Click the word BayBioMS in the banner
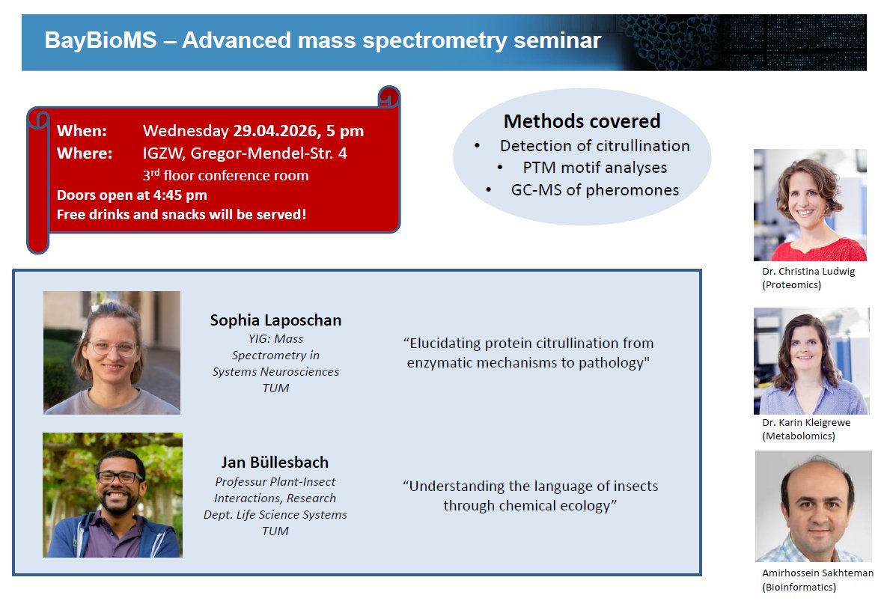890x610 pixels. click(x=100, y=40)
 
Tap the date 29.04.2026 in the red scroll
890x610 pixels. click(x=275, y=130)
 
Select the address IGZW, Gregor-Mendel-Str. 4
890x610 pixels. click(x=245, y=153)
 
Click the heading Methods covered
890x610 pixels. click(x=582, y=121)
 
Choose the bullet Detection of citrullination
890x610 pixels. click(x=595, y=146)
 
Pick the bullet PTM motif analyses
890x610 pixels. click(x=595, y=168)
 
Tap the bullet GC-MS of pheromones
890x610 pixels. click(x=595, y=189)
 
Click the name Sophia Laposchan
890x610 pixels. click(x=276, y=320)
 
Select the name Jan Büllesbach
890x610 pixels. click(x=275, y=463)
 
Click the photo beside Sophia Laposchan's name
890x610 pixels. click(x=112, y=353)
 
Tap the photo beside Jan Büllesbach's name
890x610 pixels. click(x=112, y=495)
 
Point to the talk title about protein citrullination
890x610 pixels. click(x=528, y=353)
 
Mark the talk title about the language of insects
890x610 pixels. click(x=530, y=496)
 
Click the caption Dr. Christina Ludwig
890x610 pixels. click(x=808, y=271)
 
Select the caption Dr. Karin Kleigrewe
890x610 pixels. click(x=806, y=422)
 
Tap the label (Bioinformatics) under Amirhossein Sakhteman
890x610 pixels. click(x=799, y=587)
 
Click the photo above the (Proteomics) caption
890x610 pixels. click(x=810, y=205)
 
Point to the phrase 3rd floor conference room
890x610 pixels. click(x=225, y=175)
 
